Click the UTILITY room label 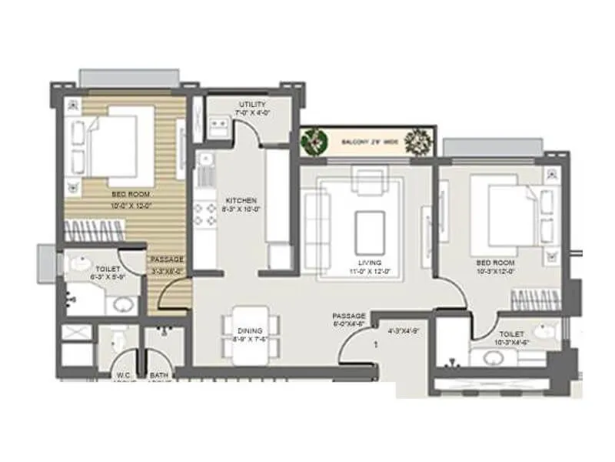[252, 104]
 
